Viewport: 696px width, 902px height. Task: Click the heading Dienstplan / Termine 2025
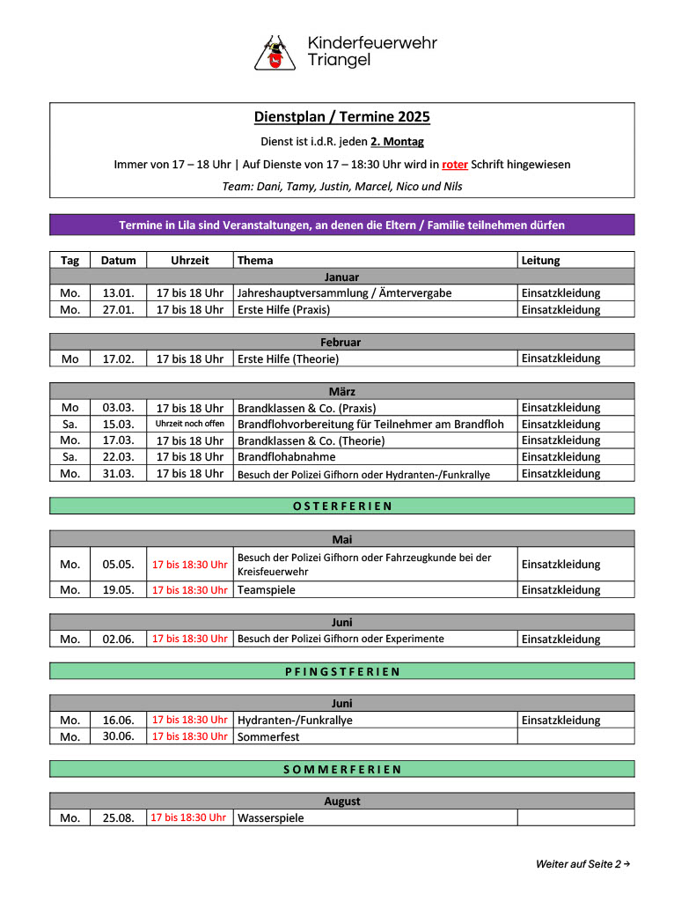click(x=341, y=117)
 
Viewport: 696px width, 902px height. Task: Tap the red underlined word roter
click(x=454, y=164)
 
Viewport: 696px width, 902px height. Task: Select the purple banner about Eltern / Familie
click(x=341, y=225)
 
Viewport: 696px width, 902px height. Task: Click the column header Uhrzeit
click(x=190, y=260)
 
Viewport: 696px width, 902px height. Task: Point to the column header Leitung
click(x=540, y=260)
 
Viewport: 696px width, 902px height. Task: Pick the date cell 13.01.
click(x=118, y=293)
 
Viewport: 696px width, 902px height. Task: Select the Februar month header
click(x=341, y=342)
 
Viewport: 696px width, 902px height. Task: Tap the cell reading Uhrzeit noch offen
click(x=190, y=424)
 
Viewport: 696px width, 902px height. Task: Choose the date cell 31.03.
click(x=118, y=473)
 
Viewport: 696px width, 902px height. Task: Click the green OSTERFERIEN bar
click(x=341, y=506)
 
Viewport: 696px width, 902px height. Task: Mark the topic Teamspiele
click(x=266, y=590)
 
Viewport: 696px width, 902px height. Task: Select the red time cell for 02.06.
click(x=190, y=639)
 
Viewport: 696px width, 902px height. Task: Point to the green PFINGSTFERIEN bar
click(x=341, y=671)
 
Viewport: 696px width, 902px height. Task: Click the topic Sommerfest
click(x=267, y=736)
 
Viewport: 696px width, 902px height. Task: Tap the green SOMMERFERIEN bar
click(x=341, y=769)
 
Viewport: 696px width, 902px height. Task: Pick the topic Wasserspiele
click(x=270, y=818)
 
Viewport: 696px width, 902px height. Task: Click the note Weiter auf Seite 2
click(x=582, y=864)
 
